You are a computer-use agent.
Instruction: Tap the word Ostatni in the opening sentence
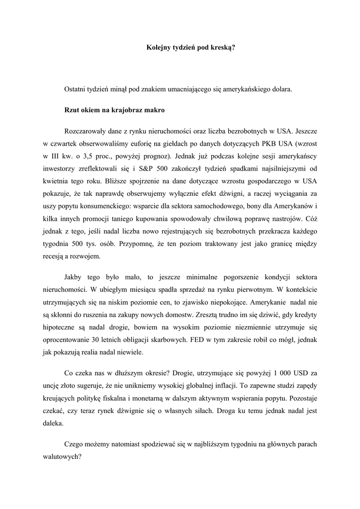[75, 89]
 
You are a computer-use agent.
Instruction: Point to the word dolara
[282, 89]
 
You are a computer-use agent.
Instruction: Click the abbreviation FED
[192, 340]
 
